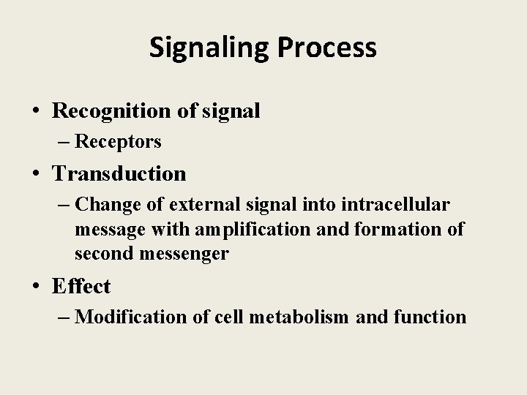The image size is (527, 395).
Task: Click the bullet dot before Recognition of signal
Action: (36, 112)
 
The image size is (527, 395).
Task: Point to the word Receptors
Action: (118, 142)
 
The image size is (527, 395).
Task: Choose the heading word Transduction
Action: (119, 173)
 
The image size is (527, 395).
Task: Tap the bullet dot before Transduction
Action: (36, 175)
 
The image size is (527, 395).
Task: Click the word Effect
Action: (81, 286)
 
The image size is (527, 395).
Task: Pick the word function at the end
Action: (430, 317)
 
